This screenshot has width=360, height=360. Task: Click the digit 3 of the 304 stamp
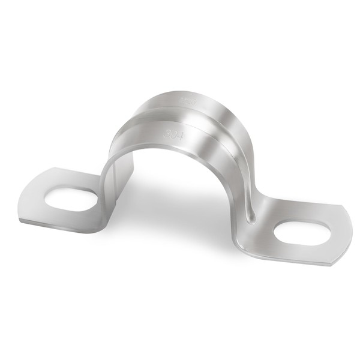pos(167,130)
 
